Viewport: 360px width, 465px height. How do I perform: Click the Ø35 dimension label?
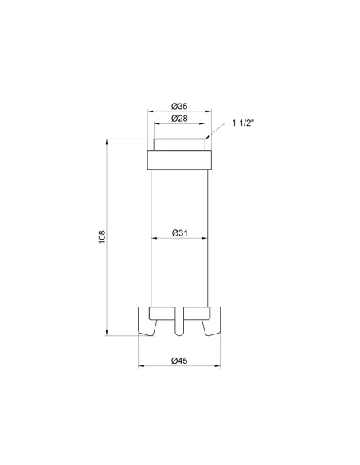pyautogui.click(x=179, y=106)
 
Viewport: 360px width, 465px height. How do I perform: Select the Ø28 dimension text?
pyautogui.click(x=179, y=119)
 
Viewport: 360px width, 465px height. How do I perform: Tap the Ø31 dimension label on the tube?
pyautogui.click(x=179, y=233)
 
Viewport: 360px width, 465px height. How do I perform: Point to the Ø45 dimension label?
pyautogui.click(x=179, y=361)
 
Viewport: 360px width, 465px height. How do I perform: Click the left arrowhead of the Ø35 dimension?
pyautogui.click(x=148, y=111)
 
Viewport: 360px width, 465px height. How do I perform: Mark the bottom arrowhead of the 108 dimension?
pyautogui.click(x=108, y=333)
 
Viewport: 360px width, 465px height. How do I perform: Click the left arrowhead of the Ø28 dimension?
pyautogui.click(x=155, y=124)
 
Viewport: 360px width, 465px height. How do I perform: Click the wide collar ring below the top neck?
pyautogui.click(x=179, y=160)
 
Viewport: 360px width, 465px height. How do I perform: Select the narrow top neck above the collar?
pyautogui.click(x=179, y=146)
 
